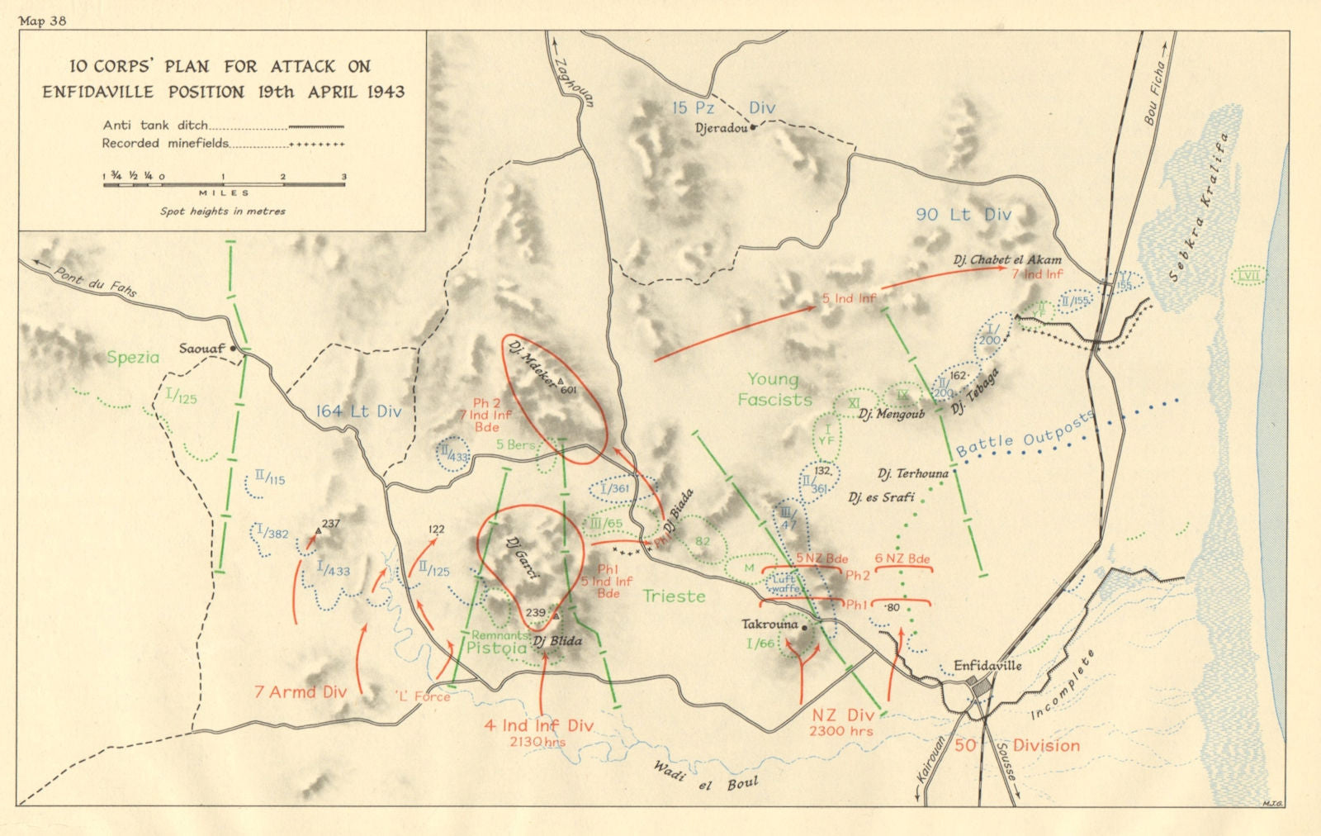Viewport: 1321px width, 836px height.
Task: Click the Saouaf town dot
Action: point(234,349)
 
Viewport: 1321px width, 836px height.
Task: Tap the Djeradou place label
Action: point(721,129)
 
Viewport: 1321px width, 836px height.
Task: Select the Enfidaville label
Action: point(987,665)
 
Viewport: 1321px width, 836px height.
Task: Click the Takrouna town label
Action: point(769,625)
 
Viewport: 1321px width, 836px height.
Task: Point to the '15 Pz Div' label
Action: point(723,107)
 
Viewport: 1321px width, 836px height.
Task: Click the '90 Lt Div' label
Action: point(964,215)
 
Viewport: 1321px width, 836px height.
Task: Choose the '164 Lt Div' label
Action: point(358,411)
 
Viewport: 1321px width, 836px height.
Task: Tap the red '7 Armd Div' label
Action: point(301,692)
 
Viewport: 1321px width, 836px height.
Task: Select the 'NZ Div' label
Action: point(842,715)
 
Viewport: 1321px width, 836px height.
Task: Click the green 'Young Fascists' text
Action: point(774,390)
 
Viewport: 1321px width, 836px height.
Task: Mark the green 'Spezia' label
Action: point(133,358)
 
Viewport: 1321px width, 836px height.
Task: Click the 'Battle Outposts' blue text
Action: point(1025,434)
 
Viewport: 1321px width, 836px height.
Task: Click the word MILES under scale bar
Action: point(224,193)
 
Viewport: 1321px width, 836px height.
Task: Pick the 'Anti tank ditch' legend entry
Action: point(155,126)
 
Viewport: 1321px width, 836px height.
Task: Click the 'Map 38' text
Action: point(42,21)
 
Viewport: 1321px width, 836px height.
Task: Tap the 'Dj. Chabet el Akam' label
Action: point(1007,259)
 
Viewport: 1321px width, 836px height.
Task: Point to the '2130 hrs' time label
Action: point(537,742)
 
